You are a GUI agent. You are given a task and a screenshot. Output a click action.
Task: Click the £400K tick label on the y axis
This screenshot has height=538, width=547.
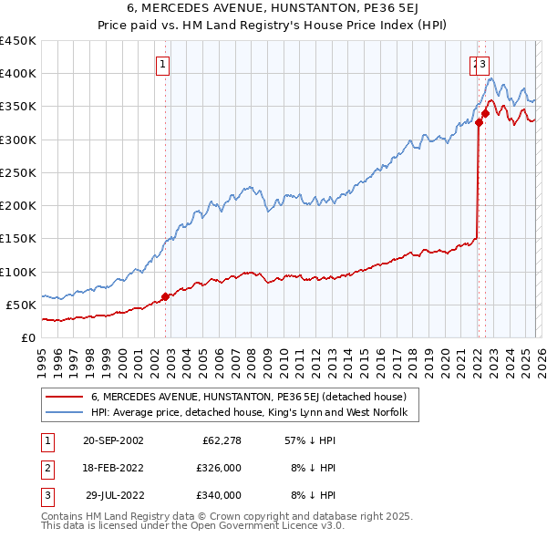tap(18, 74)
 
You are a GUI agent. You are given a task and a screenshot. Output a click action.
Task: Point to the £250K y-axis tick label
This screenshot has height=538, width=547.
tap(18, 172)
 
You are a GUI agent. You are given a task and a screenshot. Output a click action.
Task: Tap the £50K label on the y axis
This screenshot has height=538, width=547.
tap(22, 305)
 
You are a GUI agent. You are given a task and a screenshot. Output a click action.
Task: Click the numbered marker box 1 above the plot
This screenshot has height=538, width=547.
tap(162, 64)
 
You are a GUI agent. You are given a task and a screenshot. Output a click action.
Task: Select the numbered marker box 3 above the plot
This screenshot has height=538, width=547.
tap(484, 64)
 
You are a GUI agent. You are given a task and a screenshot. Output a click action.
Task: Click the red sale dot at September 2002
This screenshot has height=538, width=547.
tap(166, 296)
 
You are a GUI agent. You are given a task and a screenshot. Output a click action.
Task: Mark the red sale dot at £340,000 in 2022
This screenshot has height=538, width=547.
tap(486, 113)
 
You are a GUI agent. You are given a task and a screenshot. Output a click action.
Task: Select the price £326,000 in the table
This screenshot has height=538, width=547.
tap(219, 468)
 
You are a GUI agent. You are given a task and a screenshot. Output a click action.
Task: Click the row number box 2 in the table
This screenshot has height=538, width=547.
tap(46, 468)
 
